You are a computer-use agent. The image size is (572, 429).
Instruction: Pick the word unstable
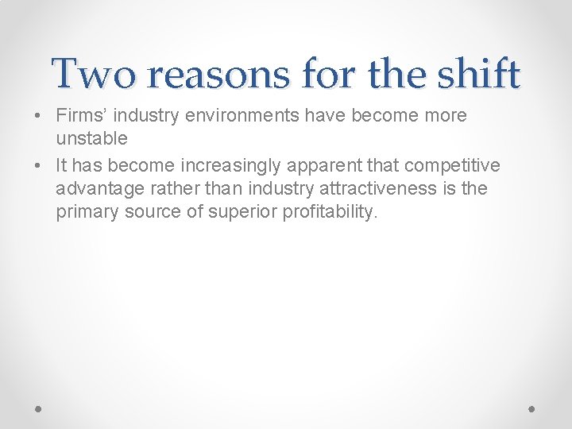coord(91,138)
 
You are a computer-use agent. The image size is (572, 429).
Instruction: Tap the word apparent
coord(332,165)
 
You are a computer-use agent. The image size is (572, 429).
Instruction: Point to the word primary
coord(87,212)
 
